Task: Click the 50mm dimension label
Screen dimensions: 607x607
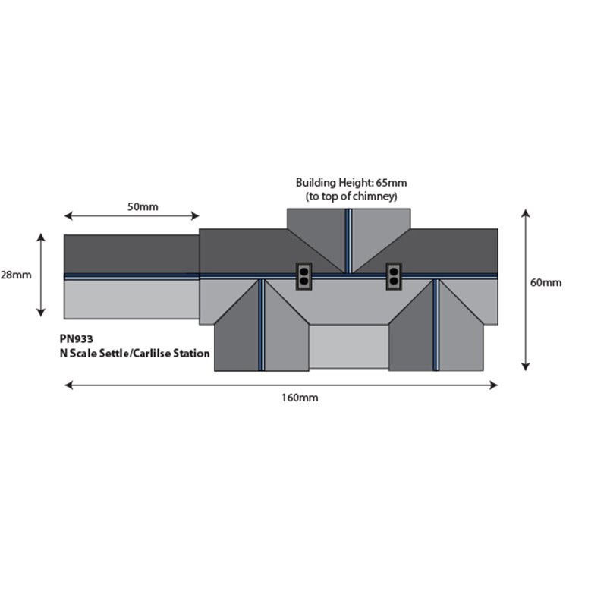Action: pos(143,206)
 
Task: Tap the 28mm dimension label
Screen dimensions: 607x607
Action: pos(16,275)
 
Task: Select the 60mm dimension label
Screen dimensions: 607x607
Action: pos(546,282)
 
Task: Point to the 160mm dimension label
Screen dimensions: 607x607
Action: pos(300,398)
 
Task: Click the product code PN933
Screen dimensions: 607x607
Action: pos(77,339)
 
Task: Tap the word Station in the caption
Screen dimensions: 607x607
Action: pos(191,354)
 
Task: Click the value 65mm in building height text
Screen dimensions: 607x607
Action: pos(391,183)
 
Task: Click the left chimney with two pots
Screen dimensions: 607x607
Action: pos(304,276)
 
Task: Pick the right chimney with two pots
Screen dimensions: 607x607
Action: pos(394,276)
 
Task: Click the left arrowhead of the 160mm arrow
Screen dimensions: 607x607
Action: pos(68,385)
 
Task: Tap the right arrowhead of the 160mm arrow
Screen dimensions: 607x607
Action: pos(494,385)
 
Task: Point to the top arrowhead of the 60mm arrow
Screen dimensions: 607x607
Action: pos(525,213)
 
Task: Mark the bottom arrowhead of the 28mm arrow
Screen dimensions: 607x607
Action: pos(41,313)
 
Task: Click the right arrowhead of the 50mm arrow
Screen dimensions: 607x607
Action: pos(195,215)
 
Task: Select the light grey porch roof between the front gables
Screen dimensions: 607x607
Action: pos(349,347)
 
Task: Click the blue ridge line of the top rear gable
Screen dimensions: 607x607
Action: pos(348,241)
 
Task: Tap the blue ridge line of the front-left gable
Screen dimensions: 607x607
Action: pos(262,325)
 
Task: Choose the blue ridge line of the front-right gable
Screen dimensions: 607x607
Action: pos(436,325)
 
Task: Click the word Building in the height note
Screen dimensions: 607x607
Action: pos(316,183)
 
